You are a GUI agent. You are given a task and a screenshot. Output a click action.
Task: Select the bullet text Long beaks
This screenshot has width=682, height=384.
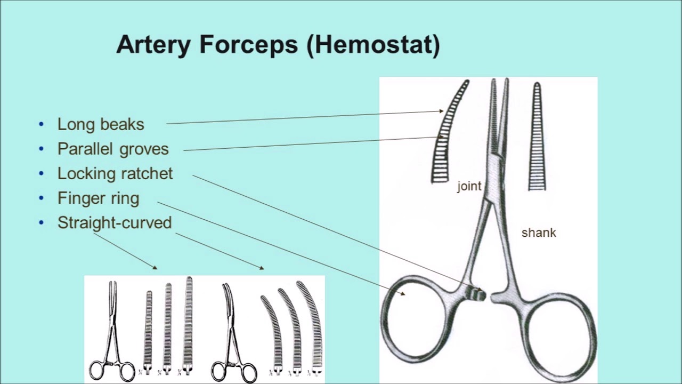101,124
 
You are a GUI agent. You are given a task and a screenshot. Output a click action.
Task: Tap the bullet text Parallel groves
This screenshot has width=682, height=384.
113,149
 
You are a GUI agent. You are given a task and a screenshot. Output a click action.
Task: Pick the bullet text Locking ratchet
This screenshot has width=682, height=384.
115,173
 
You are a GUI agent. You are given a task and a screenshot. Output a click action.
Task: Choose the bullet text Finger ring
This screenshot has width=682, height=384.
99,198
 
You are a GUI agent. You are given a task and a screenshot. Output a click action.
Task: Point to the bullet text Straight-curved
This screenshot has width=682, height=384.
115,222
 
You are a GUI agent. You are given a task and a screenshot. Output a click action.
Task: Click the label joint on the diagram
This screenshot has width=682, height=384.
469,186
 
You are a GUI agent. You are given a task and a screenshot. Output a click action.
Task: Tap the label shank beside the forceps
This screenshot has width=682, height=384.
539,233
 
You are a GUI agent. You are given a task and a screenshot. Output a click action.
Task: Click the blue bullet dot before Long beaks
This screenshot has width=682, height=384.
42,124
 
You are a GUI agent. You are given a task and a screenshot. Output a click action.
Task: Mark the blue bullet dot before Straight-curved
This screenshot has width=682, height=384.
42,222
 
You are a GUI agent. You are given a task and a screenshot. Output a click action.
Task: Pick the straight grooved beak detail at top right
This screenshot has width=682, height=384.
537,139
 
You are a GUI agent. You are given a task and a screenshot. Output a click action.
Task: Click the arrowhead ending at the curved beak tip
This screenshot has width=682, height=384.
441,111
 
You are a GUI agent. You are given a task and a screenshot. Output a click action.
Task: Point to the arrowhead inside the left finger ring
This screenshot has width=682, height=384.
403,293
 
